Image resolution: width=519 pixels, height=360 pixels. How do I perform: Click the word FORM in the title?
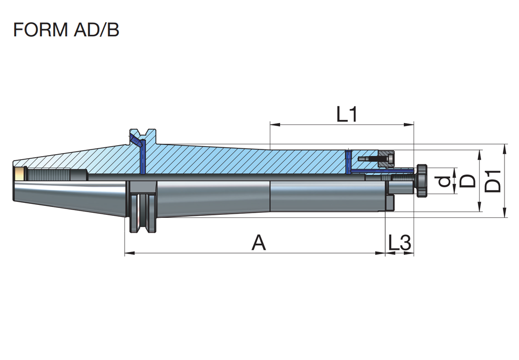tap(40, 30)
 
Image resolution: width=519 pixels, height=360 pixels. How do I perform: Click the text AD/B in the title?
tap(97, 30)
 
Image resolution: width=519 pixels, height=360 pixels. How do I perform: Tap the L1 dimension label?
tap(347, 115)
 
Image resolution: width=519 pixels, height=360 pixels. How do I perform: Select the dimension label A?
tap(259, 243)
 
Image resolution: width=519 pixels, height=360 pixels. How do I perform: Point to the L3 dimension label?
tap(400, 243)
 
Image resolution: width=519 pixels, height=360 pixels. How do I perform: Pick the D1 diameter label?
tap(493, 181)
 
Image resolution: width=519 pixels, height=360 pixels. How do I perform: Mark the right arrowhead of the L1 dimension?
tap(409, 124)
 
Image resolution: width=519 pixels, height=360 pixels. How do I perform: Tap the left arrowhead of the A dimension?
tap(130, 254)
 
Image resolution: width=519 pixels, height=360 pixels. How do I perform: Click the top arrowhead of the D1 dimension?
tap(505, 149)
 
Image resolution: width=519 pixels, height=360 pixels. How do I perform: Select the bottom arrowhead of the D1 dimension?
tap(505, 212)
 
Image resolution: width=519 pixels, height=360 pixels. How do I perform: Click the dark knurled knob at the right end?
tap(421, 181)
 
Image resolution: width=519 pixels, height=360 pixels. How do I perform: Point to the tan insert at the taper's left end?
tap(20, 174)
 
